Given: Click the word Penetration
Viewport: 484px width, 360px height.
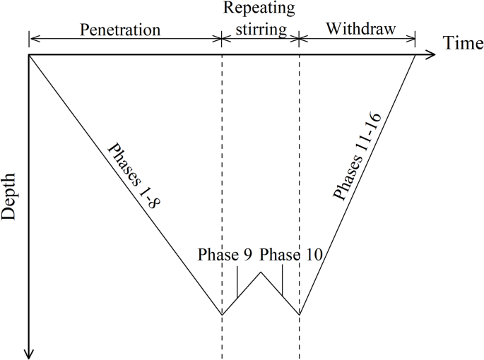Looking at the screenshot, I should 120,30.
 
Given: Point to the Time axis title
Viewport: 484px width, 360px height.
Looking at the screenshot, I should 464,44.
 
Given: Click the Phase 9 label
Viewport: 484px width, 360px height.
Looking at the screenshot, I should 225,255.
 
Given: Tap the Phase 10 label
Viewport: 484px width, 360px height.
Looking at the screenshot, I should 291,255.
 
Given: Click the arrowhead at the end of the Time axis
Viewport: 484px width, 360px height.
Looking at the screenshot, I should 432,54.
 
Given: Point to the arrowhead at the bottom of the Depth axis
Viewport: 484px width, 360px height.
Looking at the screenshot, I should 29,353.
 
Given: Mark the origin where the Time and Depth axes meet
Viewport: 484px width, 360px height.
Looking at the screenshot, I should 29,54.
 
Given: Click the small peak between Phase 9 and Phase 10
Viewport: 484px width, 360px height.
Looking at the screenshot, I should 261,272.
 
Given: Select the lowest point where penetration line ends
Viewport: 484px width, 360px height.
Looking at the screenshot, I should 222,315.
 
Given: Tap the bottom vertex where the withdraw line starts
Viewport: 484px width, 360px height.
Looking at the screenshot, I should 300,315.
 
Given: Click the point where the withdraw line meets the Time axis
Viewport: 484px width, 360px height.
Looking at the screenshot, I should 415,54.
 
